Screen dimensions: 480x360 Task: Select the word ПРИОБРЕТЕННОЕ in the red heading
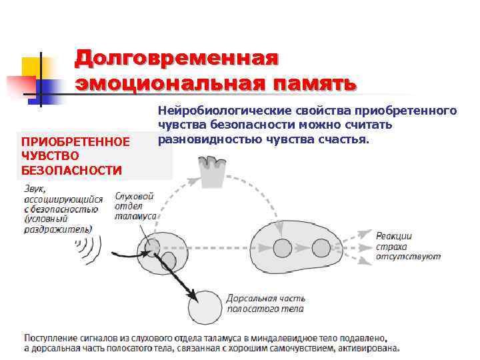[x=75, y=142]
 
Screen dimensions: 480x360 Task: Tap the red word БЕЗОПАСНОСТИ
[x=71, y=170]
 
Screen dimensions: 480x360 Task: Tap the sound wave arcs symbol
[x=85, y=251]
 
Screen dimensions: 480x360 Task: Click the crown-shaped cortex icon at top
[x=214, y=172]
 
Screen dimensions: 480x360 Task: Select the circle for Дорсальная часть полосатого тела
[x=205, y=306]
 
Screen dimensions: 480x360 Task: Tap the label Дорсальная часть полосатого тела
[x=265, y=303]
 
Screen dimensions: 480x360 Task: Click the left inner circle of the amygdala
[x=282, y=247]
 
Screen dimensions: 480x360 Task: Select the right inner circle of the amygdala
[x=321, y=247]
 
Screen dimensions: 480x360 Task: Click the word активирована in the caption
[x=369, y=347]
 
